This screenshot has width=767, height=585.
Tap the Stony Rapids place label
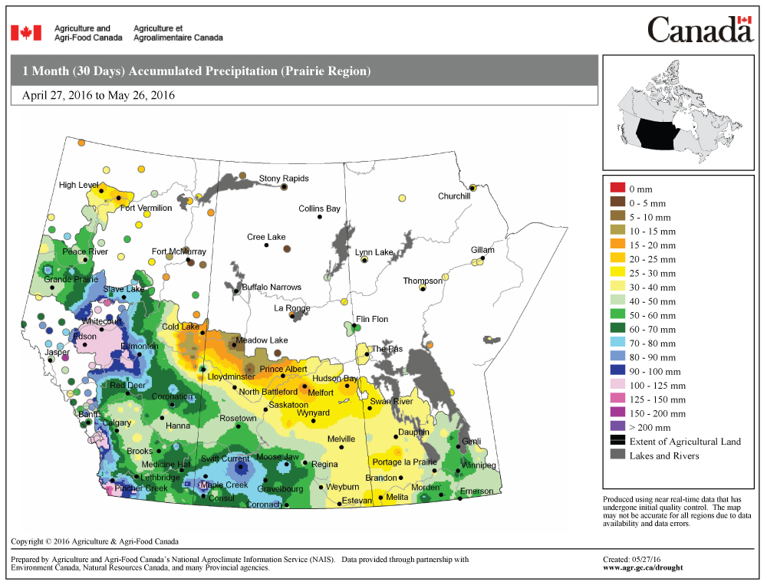click(x=284, y=179)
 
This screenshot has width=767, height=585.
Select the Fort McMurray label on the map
click(x=179, y=251)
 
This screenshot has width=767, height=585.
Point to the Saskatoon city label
click(x=289, y=405)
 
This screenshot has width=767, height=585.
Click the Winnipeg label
click(x=479, y=465)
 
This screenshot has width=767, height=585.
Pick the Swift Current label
click(x=225, y=458)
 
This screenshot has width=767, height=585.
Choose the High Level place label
click(x=78, y=185)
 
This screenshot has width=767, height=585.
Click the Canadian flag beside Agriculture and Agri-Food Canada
click(x=25, y=32)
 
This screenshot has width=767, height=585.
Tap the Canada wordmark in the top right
click(x=700, y=31)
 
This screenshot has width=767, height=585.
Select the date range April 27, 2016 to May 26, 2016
click(x=99, y=96)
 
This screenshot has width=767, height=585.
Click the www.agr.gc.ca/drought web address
click(x=643, y=567)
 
